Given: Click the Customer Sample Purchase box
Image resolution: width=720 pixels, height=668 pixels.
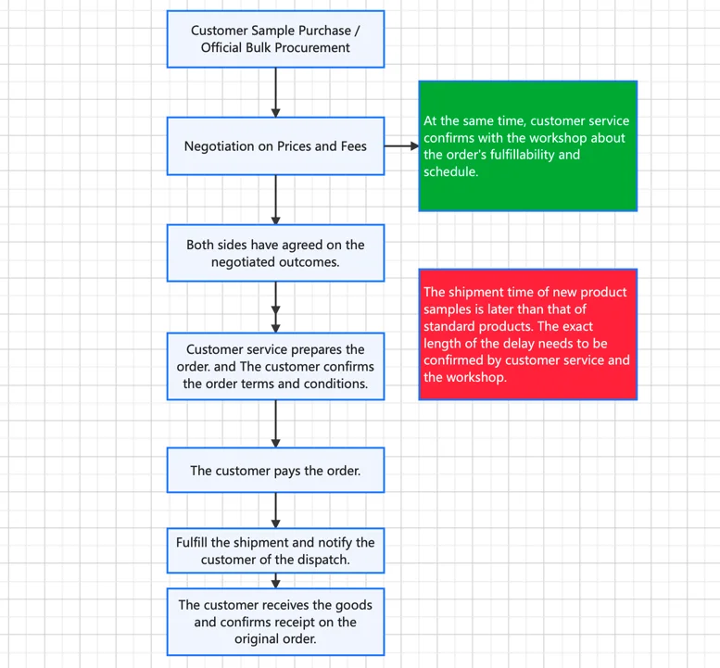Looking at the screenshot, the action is coord(275,39).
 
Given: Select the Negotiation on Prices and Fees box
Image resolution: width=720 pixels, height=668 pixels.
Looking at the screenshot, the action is coord(275,146).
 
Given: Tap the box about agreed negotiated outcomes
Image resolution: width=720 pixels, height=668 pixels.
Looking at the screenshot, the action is coord(275,253).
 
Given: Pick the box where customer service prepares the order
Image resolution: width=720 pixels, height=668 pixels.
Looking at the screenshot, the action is coord(275,366).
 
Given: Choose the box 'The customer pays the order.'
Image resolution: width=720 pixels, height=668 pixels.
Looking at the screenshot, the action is coord(275,470).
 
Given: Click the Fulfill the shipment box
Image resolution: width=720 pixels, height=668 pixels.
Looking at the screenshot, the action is coord(275,550).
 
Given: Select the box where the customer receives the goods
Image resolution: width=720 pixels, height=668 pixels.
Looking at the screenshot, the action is coord(275,622).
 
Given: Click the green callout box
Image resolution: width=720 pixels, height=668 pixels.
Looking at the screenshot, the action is coord(528,146).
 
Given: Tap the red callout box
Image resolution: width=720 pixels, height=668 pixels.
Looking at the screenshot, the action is coord(528,334).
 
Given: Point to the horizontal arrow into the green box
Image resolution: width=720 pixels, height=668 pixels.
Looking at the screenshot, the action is coord(402,146).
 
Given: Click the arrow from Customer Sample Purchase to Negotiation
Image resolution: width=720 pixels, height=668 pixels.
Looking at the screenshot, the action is coord(275,93).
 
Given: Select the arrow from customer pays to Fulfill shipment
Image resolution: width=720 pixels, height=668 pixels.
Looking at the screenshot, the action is coord(275,510).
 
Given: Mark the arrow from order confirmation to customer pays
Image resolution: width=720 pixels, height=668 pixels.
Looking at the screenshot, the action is coord(275,423).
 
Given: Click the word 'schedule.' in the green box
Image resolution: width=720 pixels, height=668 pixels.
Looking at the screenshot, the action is coord(451,171).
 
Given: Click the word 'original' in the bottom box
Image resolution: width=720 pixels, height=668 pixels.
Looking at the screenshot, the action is coord(255,638).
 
